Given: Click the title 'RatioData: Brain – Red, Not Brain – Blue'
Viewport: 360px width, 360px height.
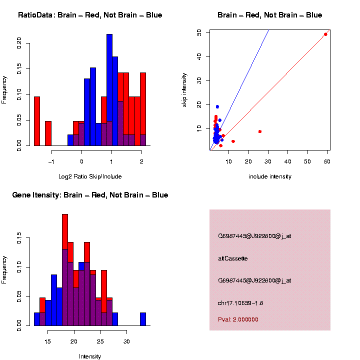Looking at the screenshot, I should [x=90, y=15].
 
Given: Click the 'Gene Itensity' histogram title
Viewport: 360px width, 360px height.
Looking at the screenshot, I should [x=90, y=195].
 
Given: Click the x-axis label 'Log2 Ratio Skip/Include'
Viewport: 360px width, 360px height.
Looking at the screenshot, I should [x=90, y=176].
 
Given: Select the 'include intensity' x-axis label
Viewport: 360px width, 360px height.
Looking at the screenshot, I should [x=270, y=176].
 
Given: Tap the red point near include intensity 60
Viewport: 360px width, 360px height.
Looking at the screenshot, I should [x=325, y=34].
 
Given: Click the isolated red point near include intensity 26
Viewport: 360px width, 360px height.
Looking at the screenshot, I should [x=260, y=131].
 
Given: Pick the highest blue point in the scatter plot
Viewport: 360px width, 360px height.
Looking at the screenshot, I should [x=217, y=106].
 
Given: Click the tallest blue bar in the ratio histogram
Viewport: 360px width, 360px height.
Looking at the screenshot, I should [x=109, y=90].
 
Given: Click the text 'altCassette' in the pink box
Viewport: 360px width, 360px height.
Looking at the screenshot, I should [x=233, y=258].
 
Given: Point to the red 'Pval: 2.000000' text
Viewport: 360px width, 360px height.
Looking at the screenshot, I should [x=238, y=319].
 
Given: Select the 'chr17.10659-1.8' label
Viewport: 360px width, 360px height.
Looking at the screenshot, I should [x=240, y=303].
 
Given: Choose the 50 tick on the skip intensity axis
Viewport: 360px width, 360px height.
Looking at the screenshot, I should [x=199, y=32].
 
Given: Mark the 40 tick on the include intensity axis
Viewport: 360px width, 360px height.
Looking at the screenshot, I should [x=288, y=161].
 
